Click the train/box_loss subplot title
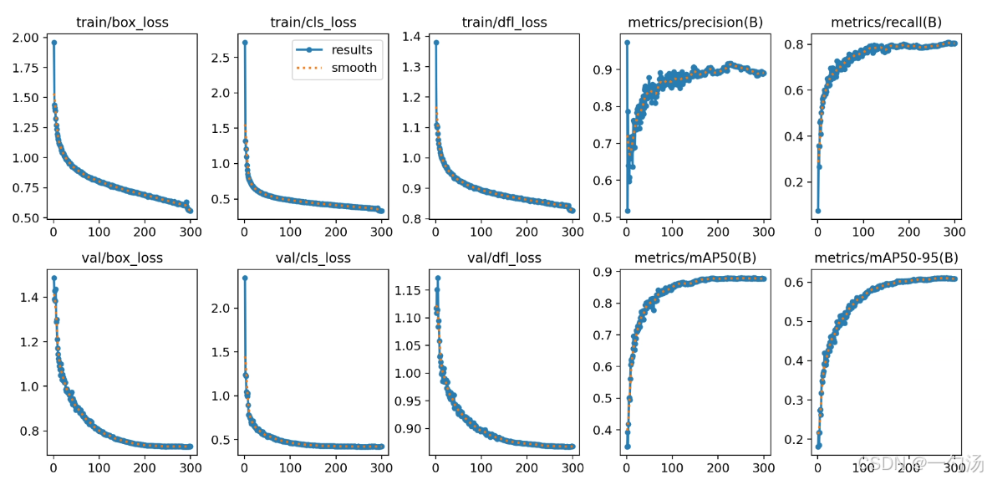coord(122,23)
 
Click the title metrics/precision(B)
coord(695,23)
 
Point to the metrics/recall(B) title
coord(886,23)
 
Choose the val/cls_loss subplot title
coord(313,258)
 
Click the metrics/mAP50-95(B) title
coord(886,258)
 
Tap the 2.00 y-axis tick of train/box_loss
coord(26,38)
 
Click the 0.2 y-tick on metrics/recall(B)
coord(795,182)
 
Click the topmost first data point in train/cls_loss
coord(244,42)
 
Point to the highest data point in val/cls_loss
coord(244,278)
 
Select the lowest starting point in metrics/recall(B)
coord(817,211)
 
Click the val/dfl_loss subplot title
coord(503,258)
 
